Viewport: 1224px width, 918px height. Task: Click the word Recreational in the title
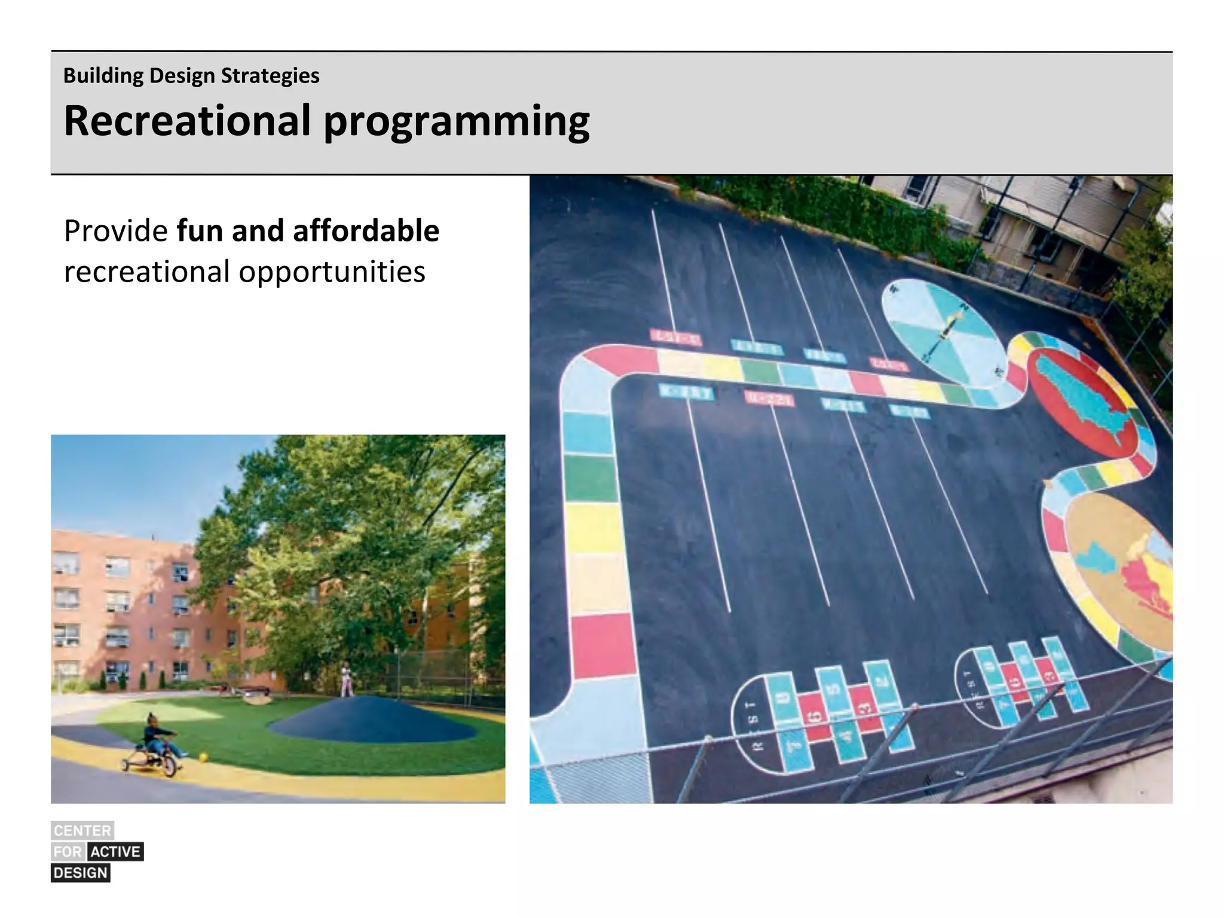[x=187, y=121]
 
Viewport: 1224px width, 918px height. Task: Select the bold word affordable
[x=366, y=231]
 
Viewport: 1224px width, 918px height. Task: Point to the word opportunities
[x=332, y=273]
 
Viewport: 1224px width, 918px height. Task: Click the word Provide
[x=116, y=231]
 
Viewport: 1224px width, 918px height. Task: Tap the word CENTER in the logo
[x=82, y=830]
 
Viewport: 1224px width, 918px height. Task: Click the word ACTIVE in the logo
[x=115, y=851]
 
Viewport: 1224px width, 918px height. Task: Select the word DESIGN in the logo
[x=81, y=873]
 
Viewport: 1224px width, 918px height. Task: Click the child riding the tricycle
[x=157, y=736]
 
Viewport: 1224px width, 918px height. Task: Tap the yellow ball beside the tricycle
[x=203, y=757]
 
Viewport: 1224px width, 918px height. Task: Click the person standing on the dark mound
[x=346, y=680]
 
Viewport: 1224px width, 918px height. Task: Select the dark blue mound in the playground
[x=371, y=720]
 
